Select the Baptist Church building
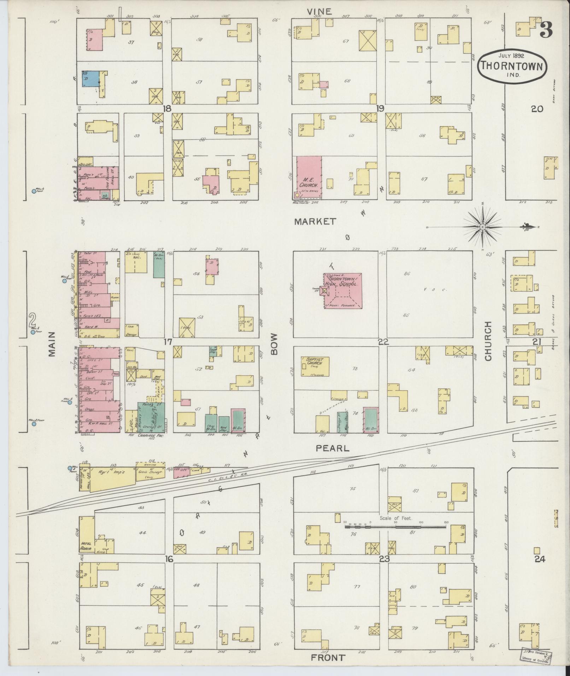[315, 366]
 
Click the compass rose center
[482, 227]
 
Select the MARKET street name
[315, 222]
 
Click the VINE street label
[319, 12]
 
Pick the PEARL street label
[332, 448]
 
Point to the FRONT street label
[328, 658]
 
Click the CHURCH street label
[489, 341]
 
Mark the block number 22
[383, 342]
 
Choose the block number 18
[166, 109]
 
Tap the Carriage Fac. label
[149, 436]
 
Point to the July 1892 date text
[511, 55]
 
